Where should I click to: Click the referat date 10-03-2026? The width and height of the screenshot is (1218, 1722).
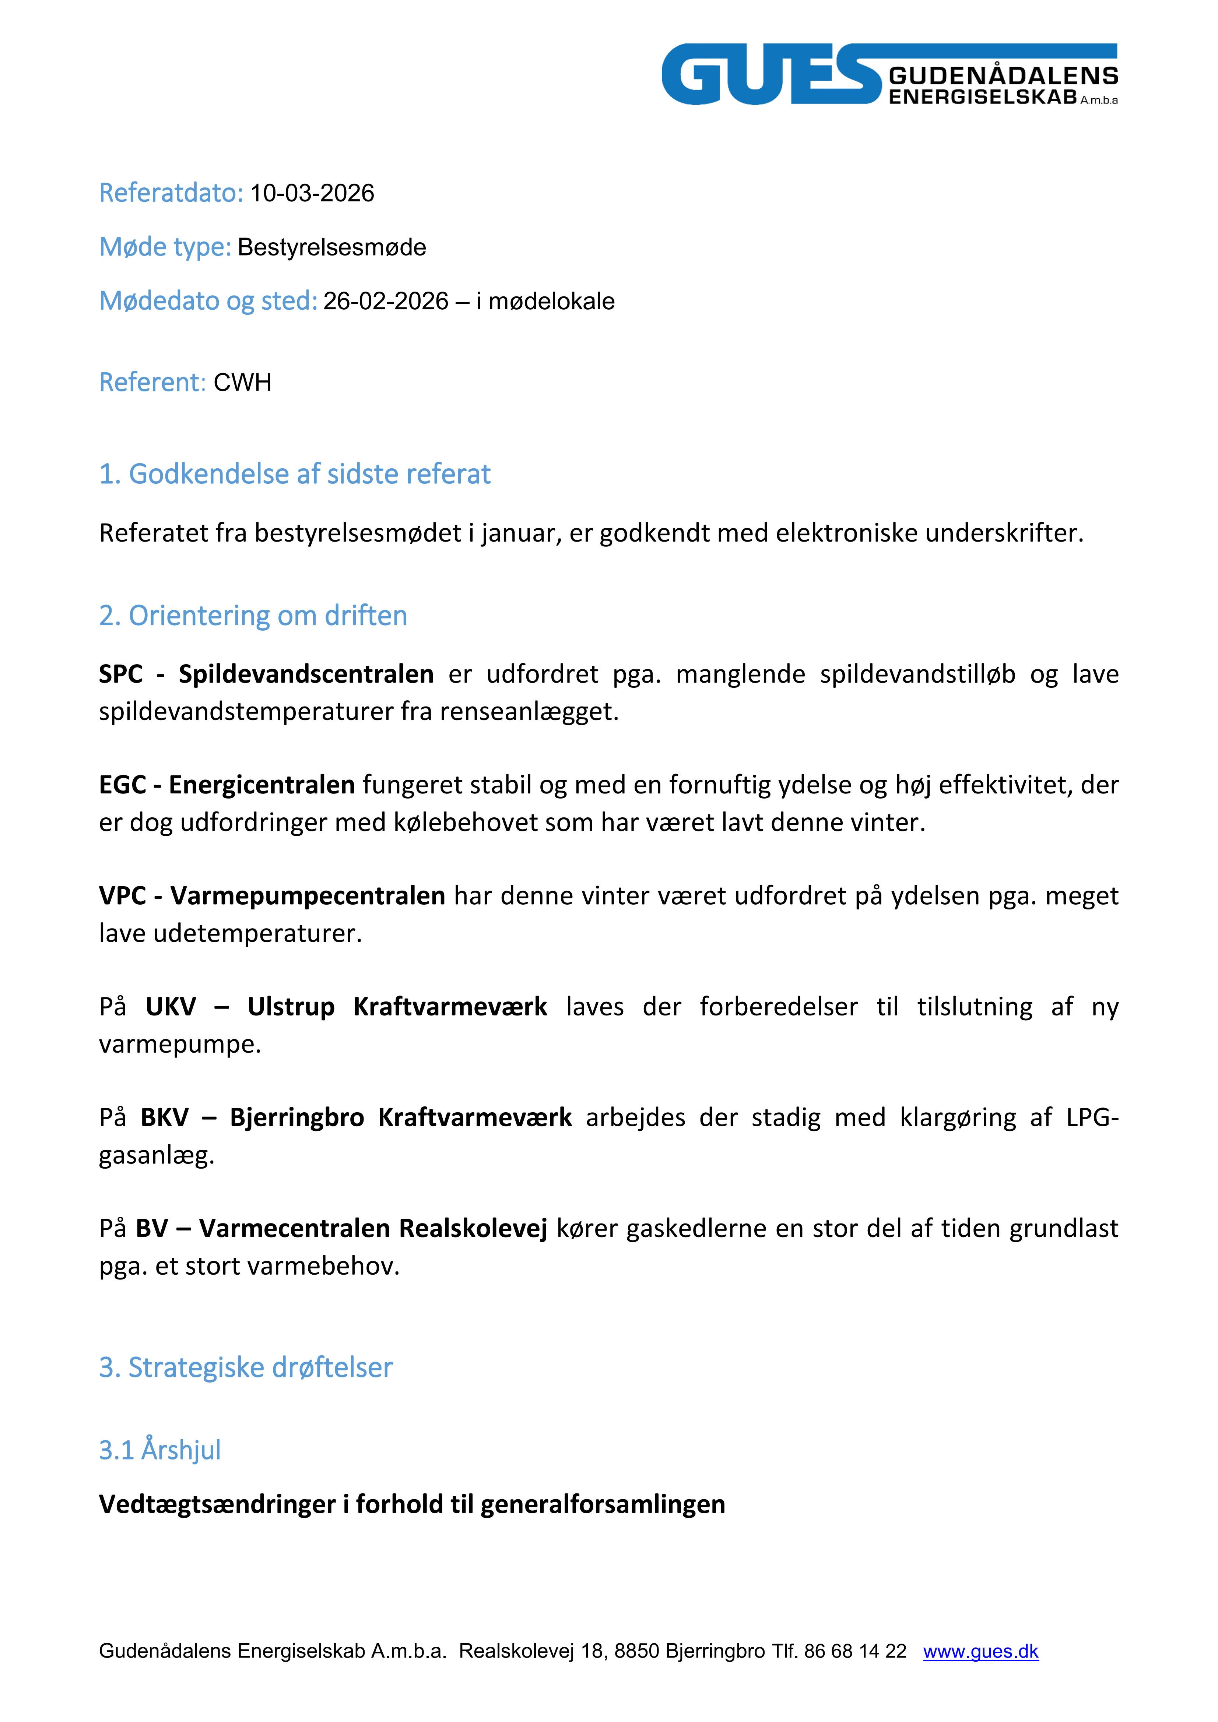click(x=312, y=194)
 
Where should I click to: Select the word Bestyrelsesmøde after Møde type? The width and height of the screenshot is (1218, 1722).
click(x=332, y=247)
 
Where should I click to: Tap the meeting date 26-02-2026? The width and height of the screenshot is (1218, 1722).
click(x=386, y=302)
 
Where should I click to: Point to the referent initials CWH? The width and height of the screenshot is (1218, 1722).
click(x=242, y=383)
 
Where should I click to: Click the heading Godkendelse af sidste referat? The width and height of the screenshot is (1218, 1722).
click(x=295, y=474)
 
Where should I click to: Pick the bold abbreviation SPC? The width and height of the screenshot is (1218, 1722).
click(x=121, y=674)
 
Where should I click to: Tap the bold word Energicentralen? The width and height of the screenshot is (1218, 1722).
click(x=261, y=785)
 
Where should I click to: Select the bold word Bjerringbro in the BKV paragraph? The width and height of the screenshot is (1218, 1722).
click(x=296, y=1117)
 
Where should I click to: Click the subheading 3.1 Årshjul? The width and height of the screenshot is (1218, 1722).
click(x=160, y=1450)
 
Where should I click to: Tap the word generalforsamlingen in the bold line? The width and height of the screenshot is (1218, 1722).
click(x=603, y=1504)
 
